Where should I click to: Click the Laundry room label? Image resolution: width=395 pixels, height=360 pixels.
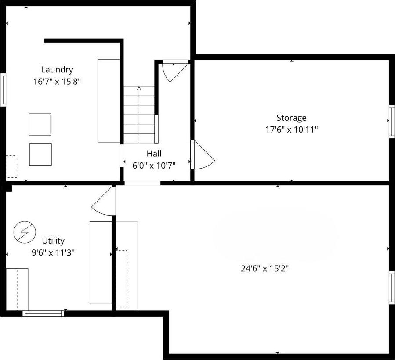tap(57, 69)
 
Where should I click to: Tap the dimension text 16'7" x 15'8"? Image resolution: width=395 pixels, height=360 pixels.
tap(57, 81)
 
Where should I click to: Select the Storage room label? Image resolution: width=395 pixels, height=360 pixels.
tap(291, 118)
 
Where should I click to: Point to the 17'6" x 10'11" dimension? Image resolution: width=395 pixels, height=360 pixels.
tap(291, 130)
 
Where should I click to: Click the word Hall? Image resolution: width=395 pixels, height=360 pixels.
tap(154, 153)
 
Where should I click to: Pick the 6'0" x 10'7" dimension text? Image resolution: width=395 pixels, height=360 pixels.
tap(154, 166)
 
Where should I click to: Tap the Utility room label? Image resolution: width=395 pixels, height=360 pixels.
tap(53, 241)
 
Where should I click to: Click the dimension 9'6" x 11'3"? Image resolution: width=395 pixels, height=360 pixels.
tap(53, 252)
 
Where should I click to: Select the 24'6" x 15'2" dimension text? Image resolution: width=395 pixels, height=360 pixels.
tap(265, 269)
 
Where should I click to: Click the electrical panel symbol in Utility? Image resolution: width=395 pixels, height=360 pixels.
tap(23, 232)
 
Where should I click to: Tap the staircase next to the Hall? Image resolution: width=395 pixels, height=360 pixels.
tap(139, 114)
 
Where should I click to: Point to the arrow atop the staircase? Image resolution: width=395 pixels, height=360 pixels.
tap(139, 89)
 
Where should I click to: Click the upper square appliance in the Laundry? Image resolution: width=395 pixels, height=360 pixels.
tap(40, 125)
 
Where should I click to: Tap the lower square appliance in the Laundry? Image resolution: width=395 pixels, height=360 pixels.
tap(40, 154)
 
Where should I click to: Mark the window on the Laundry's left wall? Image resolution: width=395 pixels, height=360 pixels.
tap(3, 90)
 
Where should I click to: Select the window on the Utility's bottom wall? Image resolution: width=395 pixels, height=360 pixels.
tap(43, 313)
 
